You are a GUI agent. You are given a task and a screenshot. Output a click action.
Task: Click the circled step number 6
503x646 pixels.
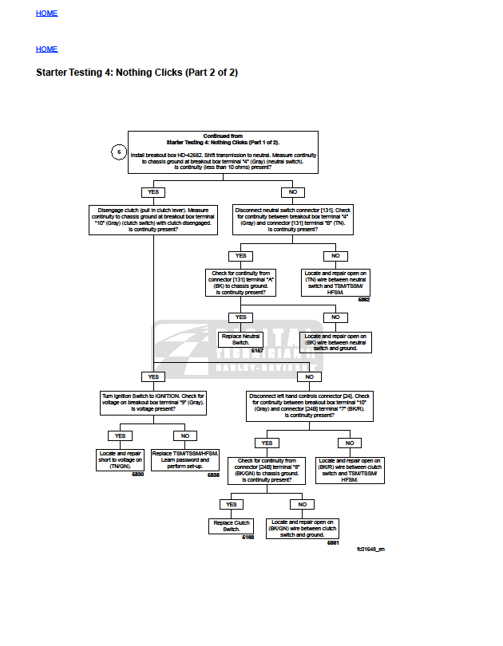119,152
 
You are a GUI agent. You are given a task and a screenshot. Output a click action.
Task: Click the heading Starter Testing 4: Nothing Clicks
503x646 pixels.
137,73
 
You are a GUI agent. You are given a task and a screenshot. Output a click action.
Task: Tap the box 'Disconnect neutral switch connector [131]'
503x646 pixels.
292,219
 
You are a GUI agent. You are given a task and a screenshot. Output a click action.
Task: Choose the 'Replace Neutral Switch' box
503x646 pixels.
240,341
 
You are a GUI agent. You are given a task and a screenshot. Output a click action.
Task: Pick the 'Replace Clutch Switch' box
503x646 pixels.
231,526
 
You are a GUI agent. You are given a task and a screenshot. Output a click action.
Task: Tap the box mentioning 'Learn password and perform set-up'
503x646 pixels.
185,460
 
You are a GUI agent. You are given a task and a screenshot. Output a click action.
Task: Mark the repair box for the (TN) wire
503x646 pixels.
335,282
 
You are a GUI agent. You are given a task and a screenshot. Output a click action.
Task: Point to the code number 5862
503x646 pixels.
363,300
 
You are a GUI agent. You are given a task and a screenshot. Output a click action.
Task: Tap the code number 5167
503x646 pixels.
257,351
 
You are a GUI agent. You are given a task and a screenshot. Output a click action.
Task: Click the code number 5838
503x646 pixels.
213,475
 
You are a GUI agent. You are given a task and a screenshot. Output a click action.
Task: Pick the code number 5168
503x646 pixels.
248,538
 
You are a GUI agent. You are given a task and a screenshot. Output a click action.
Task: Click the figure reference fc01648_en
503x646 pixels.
370,549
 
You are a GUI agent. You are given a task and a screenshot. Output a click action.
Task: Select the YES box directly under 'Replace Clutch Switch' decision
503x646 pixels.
232,504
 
